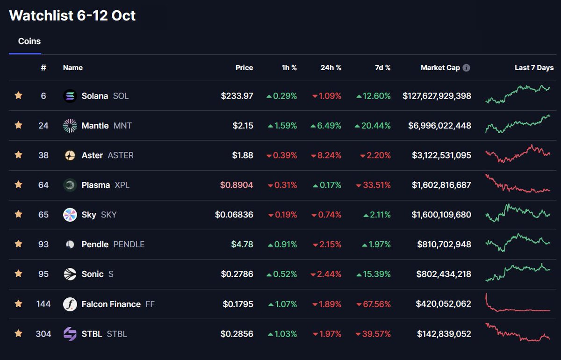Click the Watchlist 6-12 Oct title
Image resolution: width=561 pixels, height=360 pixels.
tap(72, 15)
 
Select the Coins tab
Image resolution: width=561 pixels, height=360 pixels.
tap(29, 41)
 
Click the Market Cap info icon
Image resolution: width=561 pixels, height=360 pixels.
tap(466, 68)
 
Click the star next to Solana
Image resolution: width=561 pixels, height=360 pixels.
tap(18, 96)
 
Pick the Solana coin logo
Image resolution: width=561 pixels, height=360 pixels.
tap(70, 96)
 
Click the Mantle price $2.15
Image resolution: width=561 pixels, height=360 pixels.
tap(243, 125)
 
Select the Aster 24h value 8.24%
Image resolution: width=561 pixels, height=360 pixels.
tap(330, 155)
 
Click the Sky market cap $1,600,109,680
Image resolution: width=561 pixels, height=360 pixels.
tap(441, 215)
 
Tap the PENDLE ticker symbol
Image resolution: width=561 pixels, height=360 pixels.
tap(129, 245)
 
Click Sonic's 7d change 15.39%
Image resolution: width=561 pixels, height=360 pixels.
tap(376, 274)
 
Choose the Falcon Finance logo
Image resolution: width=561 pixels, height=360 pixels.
tap(70, 304)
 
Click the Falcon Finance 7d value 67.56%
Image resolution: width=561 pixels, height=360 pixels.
tap(376, 304)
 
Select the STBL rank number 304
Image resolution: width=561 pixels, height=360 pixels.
tap(43, 334)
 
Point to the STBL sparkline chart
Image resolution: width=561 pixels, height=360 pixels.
tap(518, 331)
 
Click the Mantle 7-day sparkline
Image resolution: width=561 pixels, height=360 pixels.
tap(518, 124)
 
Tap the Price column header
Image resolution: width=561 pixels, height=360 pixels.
tap(244, 68)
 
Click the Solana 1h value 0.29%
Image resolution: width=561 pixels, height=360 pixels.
tap(285, 96)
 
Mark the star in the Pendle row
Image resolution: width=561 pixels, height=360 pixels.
tap(18, 244)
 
